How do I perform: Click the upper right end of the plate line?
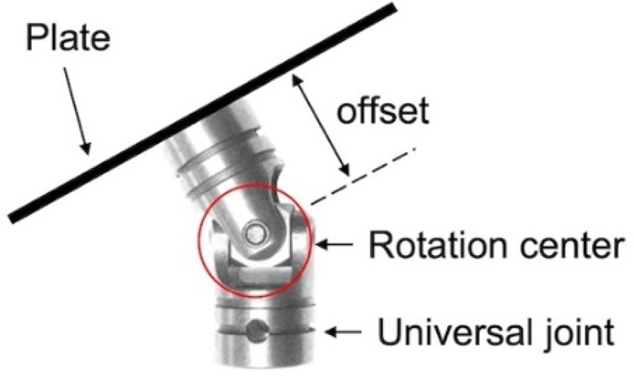point(391,10)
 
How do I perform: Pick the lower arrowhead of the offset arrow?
point(345,170)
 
